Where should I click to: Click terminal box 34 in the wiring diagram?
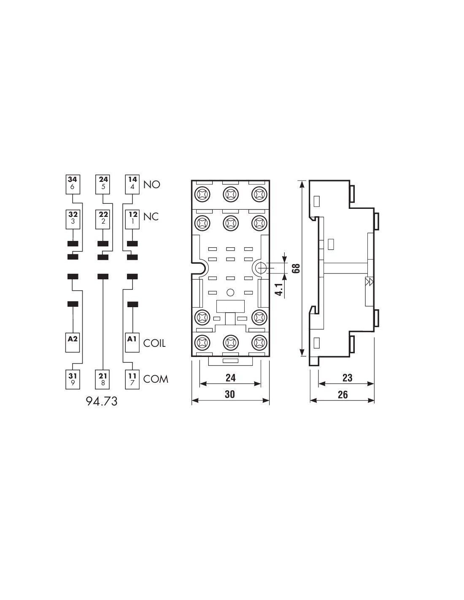(x=73, y=184)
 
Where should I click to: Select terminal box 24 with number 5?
(x=103, y=184)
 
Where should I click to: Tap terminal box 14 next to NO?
(x=132, y=184)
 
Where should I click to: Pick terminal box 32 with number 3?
(x=73, y=219)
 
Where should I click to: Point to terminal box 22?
(x=103, y=219)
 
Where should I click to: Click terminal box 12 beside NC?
(x=132, y=219)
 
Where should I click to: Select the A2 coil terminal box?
(x=73, y=343)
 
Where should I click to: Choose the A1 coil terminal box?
(x=132, y=343)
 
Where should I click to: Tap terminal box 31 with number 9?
(x=73, y=379)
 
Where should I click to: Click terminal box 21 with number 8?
(x=103, y=379)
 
